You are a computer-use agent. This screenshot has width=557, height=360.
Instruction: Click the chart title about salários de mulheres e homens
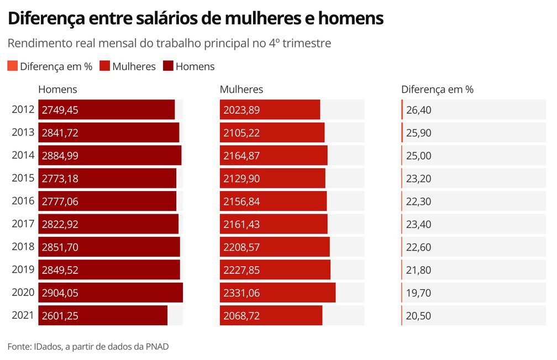click(x=196, y=18)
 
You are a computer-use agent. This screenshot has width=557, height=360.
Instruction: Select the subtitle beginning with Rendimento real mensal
click(x=169, y=43)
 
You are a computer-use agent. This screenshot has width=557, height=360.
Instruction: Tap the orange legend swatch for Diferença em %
click(x=13, y=66)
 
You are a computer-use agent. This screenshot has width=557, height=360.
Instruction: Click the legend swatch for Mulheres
click(x=104, y=66)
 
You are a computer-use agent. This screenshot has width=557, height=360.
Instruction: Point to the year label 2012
click(x=23, y=109)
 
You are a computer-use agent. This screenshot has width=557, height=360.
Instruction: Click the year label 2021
click(x=23, y=315)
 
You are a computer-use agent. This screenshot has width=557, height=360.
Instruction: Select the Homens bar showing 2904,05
click(x=111, y=293)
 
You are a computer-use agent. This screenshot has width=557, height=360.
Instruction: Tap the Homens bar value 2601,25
click(x=60, y=316)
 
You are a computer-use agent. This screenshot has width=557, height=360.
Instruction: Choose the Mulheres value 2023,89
click(x=241, y=110)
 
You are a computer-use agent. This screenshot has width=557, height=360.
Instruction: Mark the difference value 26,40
click(x=418, y=110)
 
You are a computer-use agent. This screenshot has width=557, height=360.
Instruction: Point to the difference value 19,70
click(x=418, y=293)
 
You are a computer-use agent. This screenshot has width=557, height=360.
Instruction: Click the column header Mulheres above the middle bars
click(x=241, y=89)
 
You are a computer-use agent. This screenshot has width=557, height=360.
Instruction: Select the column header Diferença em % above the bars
click(x=437, y=89)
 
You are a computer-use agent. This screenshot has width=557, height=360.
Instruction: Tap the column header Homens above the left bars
click(x=57, y=89)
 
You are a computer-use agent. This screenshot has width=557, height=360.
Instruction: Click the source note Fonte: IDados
click(x=88, y=346)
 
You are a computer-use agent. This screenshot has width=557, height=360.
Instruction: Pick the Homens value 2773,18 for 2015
click(x=60, y=178)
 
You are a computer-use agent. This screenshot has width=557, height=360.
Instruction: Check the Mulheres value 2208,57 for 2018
click(x=241, y=247)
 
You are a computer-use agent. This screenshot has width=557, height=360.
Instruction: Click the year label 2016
click(x=23, y=201)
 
